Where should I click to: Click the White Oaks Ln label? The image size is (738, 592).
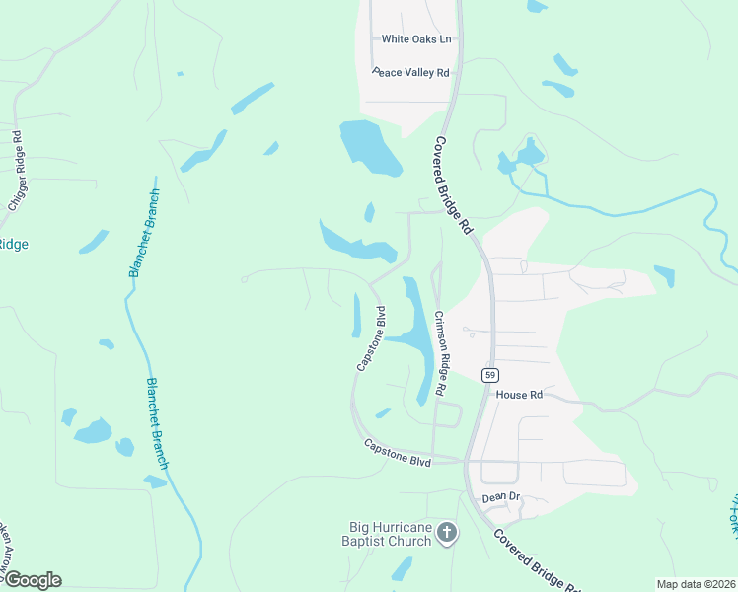tap(416, 39)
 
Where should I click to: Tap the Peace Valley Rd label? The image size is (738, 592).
tap(411, 72)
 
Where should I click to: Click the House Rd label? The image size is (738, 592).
tap(519, 394)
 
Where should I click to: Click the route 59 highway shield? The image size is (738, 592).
tap(489, 375)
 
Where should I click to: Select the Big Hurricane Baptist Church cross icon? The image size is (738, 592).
tap(447, 534)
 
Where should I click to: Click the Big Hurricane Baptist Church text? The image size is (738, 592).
tap(389, 534)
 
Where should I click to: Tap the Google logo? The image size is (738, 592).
tap(32, 580)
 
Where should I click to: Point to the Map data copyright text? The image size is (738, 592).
tap(696, 584)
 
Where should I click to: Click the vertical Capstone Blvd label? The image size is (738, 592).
tap(371, 338)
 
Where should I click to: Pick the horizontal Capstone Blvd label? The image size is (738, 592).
tap(398, 446)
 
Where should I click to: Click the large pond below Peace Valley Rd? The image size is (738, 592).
tap(369, 147)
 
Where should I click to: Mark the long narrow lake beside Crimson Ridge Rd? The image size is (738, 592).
tap(419, 335)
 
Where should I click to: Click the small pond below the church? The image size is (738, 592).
tap(402, 569)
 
